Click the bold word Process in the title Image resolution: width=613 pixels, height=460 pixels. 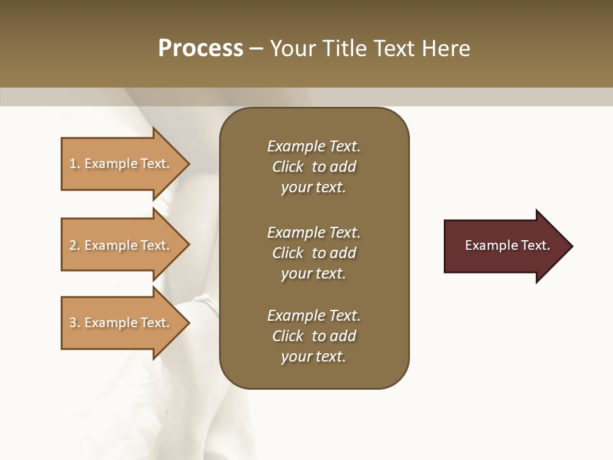(x=201, y=49)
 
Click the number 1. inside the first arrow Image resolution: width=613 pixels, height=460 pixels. (x=75, y=164)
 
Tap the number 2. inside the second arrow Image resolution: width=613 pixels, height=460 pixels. (x=75, y=245)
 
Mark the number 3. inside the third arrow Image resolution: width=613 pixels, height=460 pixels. (x=75, y=323)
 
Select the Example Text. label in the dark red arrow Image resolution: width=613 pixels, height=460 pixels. (x=507, y=245)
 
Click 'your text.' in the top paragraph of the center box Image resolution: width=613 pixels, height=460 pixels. (x=313, y=188)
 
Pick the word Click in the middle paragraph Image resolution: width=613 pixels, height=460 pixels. (x=287, y=253)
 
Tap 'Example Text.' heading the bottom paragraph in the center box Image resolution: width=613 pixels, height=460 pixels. (x=314, y=316)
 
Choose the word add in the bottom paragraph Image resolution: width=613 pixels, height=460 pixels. (x=343, y=336)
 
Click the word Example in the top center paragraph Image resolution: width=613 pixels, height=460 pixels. (x=296, y=146)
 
